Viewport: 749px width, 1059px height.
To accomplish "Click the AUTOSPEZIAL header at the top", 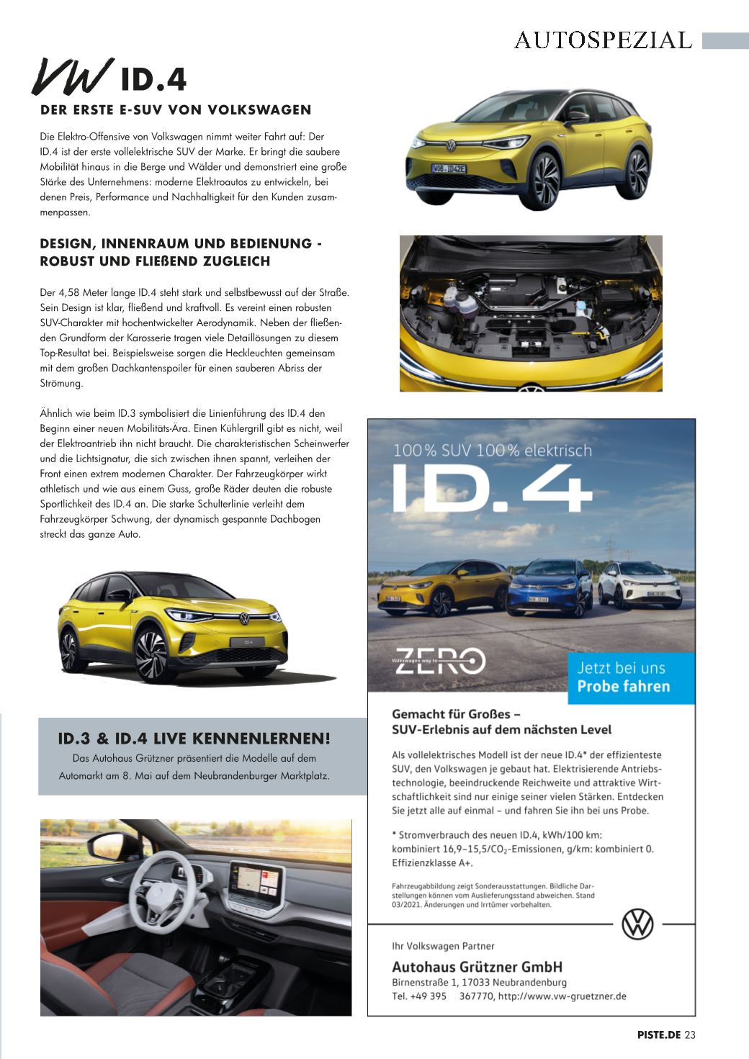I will (603, 40).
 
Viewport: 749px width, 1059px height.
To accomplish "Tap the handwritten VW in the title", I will (72, 77).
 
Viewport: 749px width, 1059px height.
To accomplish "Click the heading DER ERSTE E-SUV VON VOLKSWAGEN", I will (176, 110).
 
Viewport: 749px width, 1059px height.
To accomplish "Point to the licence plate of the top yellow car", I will (449, 168).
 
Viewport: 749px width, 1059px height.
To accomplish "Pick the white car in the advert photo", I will (634, 582).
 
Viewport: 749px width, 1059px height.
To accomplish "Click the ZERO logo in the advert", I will (440, 660).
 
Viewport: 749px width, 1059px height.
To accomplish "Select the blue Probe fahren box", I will (631, 677).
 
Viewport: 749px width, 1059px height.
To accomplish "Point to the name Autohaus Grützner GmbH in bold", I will (477, 967).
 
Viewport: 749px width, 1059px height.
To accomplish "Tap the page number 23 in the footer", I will (690, 1035).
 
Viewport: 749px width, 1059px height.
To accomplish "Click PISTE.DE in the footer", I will (658, 1035).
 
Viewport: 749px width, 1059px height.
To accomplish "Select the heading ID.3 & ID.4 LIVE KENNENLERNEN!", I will (194, 739).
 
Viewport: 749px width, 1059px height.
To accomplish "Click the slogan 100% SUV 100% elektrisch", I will (492, 451).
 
